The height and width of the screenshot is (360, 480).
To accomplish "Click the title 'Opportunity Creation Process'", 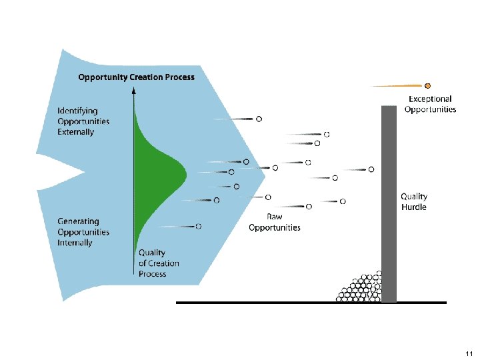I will coord(136,77).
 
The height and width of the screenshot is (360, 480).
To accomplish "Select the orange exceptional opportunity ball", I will coord(427,85).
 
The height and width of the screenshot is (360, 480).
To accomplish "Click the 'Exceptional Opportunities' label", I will coord(430,104).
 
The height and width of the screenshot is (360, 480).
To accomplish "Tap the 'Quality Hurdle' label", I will coord(413,201).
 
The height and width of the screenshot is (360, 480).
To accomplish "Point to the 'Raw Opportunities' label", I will coord(274,222).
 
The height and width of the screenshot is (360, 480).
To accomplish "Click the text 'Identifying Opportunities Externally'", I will coord(83,121).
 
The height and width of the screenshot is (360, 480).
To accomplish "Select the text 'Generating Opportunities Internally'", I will coord(83,232).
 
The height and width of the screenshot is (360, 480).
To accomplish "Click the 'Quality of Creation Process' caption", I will coord(159,263).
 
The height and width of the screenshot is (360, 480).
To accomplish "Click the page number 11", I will coord(469,353).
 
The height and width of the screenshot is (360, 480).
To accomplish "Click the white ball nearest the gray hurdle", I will coord(371,170).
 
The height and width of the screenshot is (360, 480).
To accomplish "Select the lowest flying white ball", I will coord(199,227).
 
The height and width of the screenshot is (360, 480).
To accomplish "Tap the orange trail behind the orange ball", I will coord(397,85).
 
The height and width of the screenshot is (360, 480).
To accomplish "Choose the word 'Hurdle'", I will coord(413,207).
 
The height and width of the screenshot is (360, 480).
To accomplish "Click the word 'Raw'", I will coord(274,217).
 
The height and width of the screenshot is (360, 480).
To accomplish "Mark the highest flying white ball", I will coord(259,119).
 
